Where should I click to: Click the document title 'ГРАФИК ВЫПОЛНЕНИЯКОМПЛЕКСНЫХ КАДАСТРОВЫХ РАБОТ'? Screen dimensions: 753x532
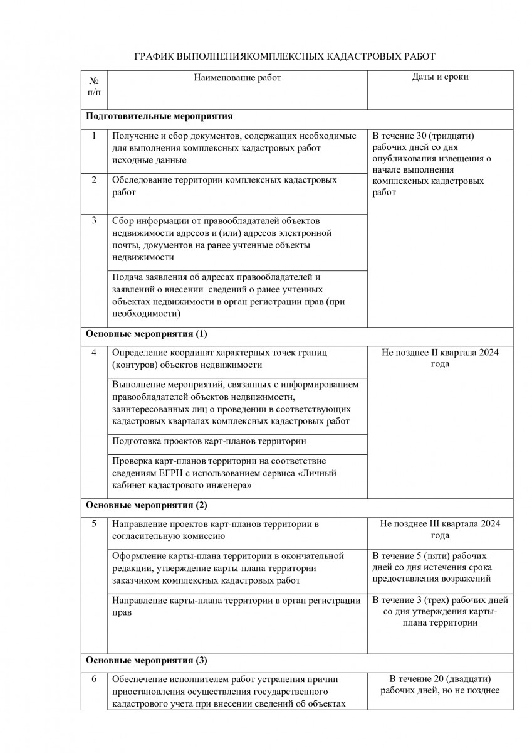click(284, 56)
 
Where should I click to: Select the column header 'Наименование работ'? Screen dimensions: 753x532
click(237, 77)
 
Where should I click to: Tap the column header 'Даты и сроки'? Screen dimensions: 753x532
click(440, 77)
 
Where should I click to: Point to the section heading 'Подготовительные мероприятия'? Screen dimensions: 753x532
click(159, 116)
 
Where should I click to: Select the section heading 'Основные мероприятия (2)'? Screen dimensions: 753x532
click(146, 505)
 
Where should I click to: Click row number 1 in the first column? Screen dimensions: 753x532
click(94, 136)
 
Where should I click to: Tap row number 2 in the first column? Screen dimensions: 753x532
click(94, 180)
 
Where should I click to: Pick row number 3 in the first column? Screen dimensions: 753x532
click(94, 220)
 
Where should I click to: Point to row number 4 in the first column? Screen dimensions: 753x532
click(94, 352)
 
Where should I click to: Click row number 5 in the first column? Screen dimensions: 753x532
click(94, 523)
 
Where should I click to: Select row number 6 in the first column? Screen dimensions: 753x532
click(94, 679)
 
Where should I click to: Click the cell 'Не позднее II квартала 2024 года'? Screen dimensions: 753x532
click(440, 358)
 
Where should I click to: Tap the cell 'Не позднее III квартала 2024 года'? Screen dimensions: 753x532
click(440, 530)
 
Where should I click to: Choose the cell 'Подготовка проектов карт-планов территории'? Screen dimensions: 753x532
click(209, 441)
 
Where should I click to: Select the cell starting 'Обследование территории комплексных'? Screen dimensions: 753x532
click(224, 186)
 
